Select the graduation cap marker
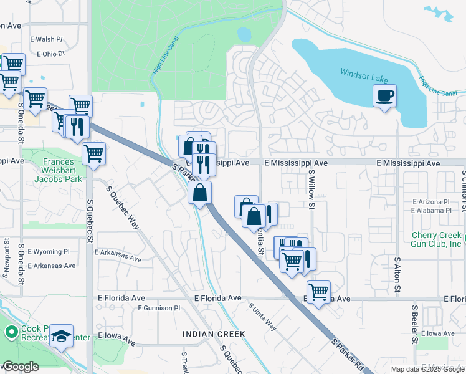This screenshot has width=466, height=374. [x=61, y=337]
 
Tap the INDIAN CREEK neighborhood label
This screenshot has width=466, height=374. [x=214, y=335]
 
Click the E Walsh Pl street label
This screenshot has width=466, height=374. [x=45, y=39]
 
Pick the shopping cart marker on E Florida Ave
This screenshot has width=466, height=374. [x=318, y=292]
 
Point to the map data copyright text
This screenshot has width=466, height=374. [x=427, y=369]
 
